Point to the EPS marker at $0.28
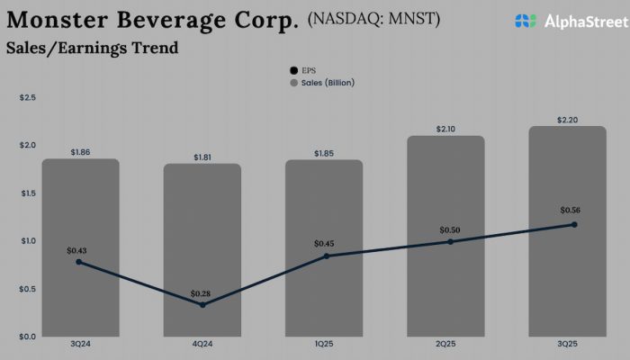[x=202, y=305]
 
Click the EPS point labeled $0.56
[x=574, y=224]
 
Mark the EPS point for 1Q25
[x=327, y=256]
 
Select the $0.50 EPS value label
[x=449, y=229]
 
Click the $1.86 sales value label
[x=81, y=153]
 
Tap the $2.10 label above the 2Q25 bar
[x=445, y=130]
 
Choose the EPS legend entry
[x=302, y=70]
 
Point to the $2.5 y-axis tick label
[x=27, y=97]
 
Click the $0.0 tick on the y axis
[x=27, y=337]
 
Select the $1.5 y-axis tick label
[x=27, y=193]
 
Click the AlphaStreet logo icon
[x=526, y=21]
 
